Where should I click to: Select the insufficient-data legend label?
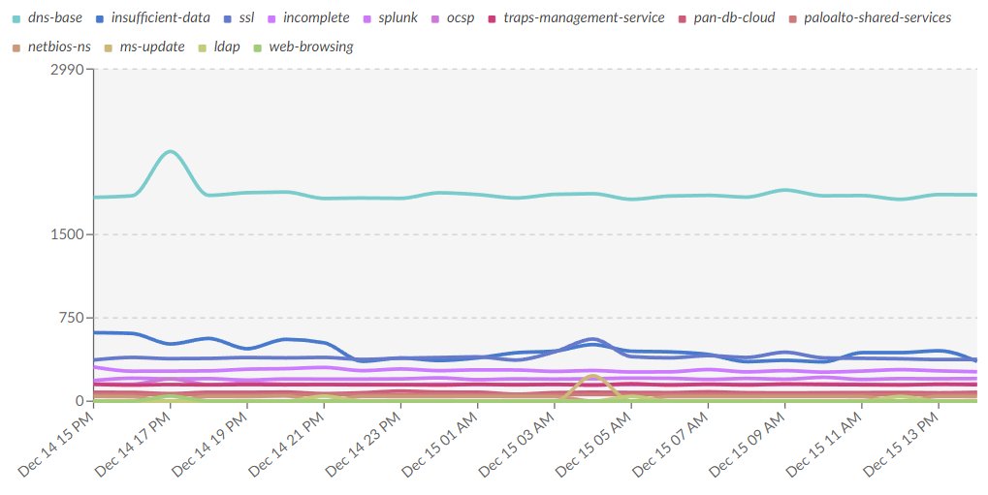(x=160, y=17)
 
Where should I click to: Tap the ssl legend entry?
(x=246, y=17)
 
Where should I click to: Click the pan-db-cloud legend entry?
(x=734, y=17)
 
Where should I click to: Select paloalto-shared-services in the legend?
(x=877, y=17)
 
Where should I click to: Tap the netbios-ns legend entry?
(x=59, y=46)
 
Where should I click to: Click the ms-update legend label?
(x=152, y=46)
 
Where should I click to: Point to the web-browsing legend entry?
(x=310, y=46)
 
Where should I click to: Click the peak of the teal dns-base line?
(x=171, y=151)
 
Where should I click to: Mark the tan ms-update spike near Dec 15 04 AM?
(x=591, y=376)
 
